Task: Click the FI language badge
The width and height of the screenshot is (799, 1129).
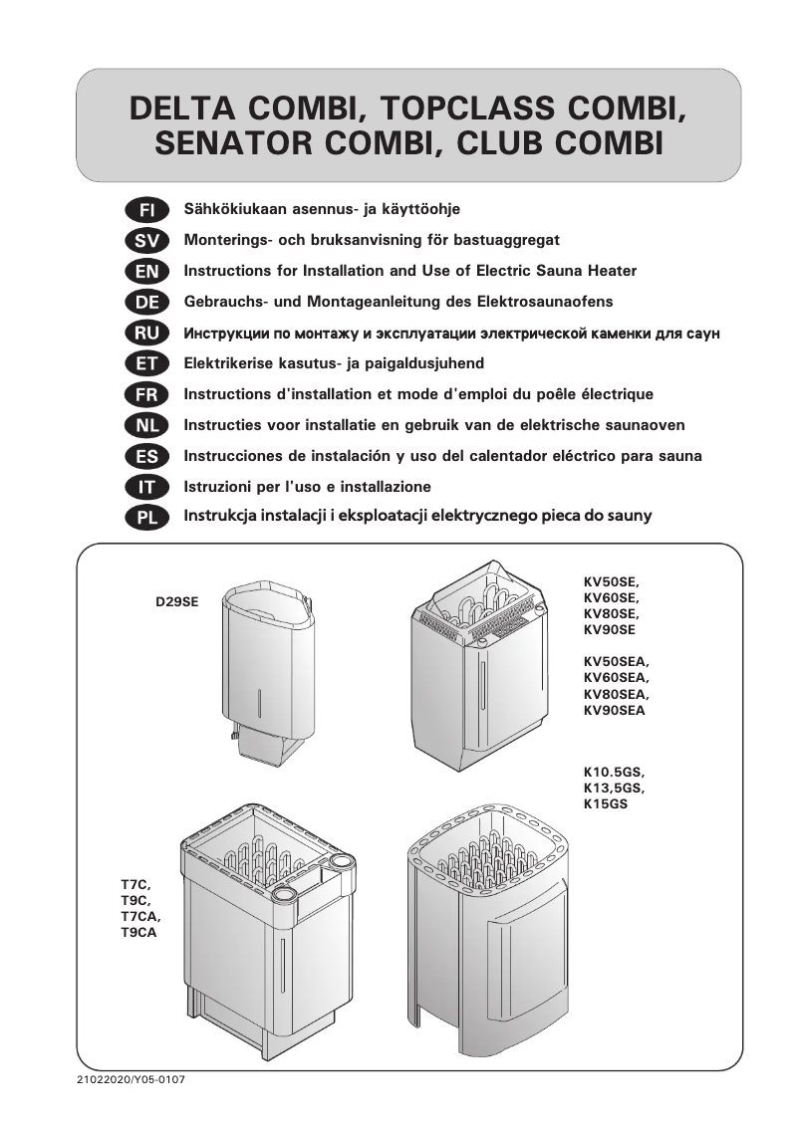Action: pyautogui.click(x=146, y=210)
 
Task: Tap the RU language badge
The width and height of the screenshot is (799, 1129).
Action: pyautogui.click(x=146, y=333)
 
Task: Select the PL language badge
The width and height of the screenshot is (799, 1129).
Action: pyautogui.click(x=146, y=517)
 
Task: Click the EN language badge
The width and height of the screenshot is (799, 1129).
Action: pyautogui.click(x=146, y=271)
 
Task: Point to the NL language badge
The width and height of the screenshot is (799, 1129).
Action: pyautogui.click(x=146, y=425)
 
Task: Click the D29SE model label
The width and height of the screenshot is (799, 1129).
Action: pyautogui.click(x=176, y=601)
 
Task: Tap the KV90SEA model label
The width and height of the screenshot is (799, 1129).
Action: pyautogui.click(x=614, y=711)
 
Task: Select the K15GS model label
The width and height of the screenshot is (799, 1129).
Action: pyautogui.click(x=605, y=803)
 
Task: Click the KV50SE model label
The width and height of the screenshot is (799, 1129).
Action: pyautogui.click(x=610, y=581)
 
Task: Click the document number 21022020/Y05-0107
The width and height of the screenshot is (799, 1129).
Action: pyautogui.click(x=131, y=1080)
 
